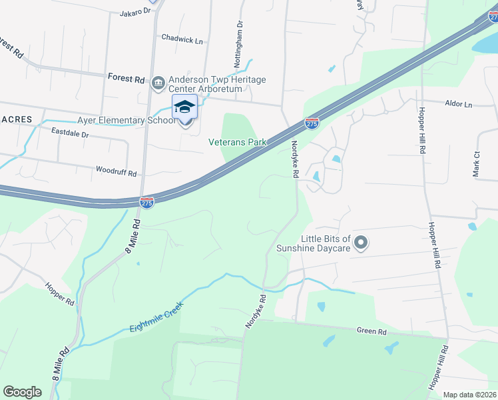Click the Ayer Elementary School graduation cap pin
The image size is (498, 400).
185,108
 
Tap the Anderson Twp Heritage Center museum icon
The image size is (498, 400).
158,82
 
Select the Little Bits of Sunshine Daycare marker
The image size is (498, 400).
361,243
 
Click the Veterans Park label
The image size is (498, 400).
237,142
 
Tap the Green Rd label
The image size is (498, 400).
372,331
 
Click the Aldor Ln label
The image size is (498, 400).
458,105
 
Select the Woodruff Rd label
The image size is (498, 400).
117,172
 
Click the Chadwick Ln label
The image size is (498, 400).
182,40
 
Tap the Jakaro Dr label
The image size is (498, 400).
136,13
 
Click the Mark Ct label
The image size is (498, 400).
476,163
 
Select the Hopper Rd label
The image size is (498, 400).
60,294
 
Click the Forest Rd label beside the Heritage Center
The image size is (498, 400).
126,79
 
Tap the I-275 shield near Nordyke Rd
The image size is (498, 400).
311,123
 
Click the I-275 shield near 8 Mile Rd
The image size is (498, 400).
147,202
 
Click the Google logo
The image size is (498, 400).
22,391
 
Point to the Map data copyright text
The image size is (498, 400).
469,395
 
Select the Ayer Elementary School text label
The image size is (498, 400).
123,121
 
